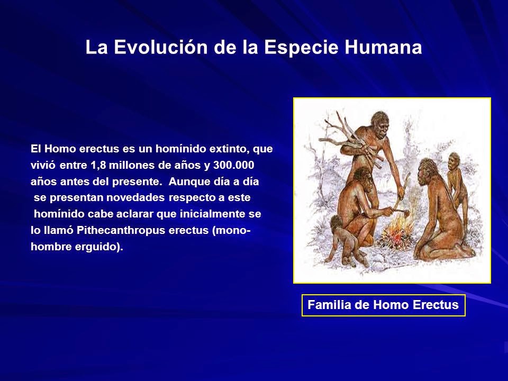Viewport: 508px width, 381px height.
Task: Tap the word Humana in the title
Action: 383,47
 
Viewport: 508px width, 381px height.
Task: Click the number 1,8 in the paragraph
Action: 98,166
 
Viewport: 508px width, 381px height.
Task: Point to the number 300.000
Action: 233,165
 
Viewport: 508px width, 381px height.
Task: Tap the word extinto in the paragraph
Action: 230,149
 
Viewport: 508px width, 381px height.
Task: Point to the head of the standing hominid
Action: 380,122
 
